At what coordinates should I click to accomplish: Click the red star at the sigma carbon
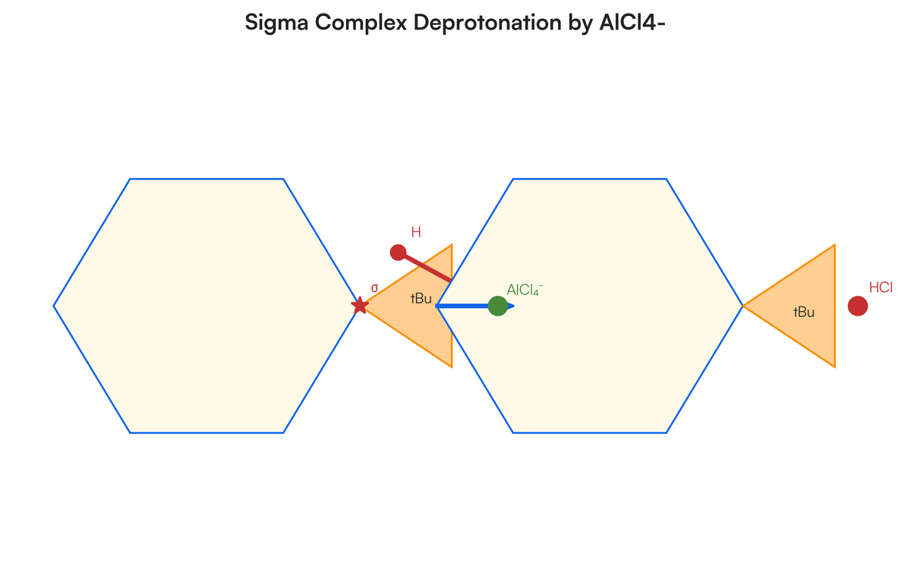tap(360, 306)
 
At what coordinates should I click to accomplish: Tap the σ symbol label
tap(374, 288)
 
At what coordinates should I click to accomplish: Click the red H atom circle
tap(398, 252)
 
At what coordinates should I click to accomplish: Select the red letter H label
tap(416, 232)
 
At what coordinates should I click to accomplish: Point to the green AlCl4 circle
tap(497, 306)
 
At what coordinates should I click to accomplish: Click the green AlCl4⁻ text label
tap(525, 289)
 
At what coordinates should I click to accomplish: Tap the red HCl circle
tap(857, 306)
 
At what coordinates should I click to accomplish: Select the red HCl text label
tap(881, 287)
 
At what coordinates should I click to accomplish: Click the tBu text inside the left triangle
tap(421, 299)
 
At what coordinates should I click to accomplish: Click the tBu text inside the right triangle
tap(803, 312)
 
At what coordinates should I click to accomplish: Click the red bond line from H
tap(425, 266)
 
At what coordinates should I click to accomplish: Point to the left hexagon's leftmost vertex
tap(54, 306)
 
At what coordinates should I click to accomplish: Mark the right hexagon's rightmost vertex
tap(742, 306)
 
